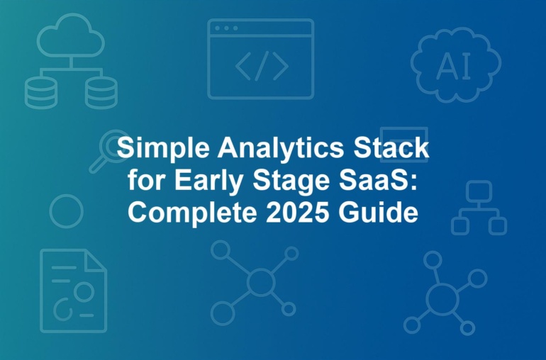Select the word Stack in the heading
tap(391, 147)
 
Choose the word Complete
tap(192, 213)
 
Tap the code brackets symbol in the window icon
tap(262, 66)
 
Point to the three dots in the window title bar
tap(226, 28)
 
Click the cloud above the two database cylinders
tap(71, 35)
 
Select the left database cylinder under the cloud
tap(40, 93)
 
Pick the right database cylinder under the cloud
tap(101, 93)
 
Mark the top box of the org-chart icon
tap(479, 191)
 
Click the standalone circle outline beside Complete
tap(50, 211)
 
